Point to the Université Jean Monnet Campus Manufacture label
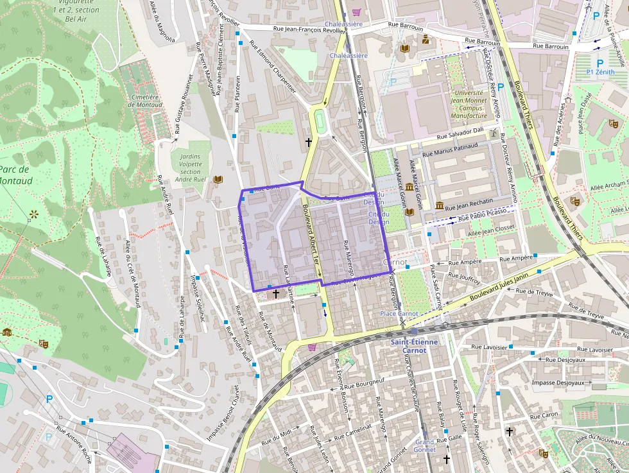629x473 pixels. (x=469, y=104)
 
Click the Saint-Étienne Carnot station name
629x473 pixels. (x=415, y=347)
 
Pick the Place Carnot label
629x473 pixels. (x=399, y=314)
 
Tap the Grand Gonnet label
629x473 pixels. (x=425, y=446)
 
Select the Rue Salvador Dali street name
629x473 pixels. (x=460, y=133)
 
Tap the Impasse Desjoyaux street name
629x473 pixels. (x=558, y=383)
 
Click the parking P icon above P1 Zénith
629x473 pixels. (x=600, y=64)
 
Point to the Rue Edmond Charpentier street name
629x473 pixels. (x=272, y=67)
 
